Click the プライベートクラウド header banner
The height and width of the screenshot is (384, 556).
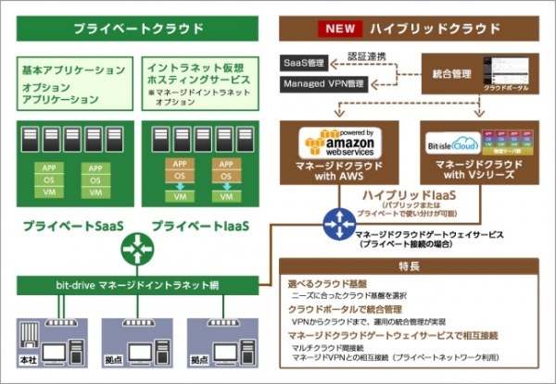pyautogui.click(x=138, y=29)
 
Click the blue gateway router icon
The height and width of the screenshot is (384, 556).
pyautogui.click(x=335, y=222)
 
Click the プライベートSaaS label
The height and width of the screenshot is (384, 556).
pyautogui.click(x=75, y=225)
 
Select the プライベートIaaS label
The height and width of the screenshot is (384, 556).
pyautogui.click(x=199, y=225)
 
